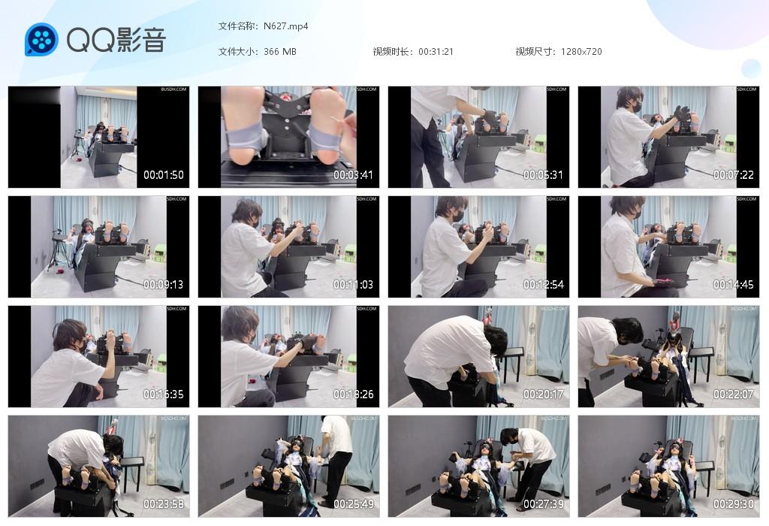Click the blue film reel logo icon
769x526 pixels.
[41, 40]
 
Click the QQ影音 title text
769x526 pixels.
[116, 40]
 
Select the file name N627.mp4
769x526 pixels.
[286, 26]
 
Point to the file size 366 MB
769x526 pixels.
[280, 52]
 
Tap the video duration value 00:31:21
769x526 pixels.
[436, 52]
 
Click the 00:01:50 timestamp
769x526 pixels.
[164, 175]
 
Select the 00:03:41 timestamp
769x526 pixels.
[354, 175]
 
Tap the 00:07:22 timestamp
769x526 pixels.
[733, 175]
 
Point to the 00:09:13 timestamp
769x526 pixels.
[164, 285]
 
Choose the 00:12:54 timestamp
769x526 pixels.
[543, 285]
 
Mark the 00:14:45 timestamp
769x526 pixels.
[733, 285]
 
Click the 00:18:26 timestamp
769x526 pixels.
[354, 394]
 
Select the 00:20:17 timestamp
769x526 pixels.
[543, 394]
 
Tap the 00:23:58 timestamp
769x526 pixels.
[164, 504]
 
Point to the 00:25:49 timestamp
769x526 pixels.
[354, 504]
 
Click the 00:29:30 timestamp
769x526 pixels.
[733, 504]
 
